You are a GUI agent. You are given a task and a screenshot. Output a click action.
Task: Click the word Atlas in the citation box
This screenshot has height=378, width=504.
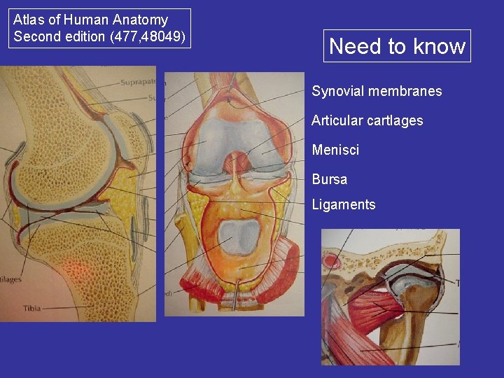(x=29, y=20)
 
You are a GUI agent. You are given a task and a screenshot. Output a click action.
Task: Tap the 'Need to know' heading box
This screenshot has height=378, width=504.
(x=397, y=46)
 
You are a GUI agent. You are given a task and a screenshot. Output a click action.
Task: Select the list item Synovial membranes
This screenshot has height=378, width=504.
(x=377, y=92)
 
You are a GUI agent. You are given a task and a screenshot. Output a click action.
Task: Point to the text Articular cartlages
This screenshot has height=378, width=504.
(x=367, y=120)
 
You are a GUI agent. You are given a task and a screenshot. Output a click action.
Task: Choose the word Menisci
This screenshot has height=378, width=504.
(x=335, y=150)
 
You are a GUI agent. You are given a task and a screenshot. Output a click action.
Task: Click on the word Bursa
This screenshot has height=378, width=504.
(x=330, y=179)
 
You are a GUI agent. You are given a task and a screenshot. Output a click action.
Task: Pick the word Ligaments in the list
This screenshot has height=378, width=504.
(x=344, y=204)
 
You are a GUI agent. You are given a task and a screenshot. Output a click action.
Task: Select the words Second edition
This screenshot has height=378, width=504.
(x=54, y=36)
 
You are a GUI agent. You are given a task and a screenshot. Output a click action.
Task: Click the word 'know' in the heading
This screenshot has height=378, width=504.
(x=439, y=46)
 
